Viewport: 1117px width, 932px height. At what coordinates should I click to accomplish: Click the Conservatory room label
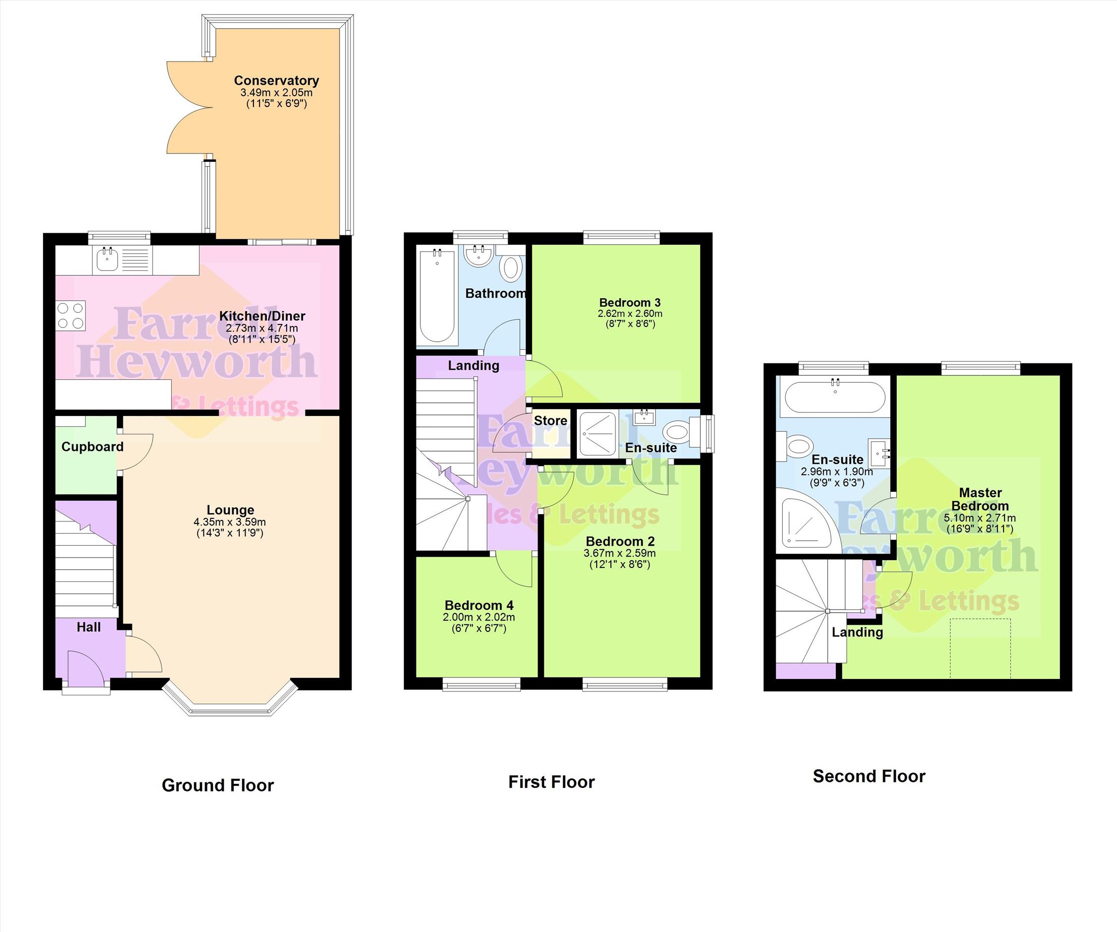276,80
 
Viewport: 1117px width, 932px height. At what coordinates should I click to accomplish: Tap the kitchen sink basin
108,260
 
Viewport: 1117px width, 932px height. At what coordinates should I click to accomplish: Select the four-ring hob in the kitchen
71,316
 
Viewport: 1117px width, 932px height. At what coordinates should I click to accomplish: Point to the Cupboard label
93,447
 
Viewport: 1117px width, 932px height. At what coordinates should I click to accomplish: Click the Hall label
88,627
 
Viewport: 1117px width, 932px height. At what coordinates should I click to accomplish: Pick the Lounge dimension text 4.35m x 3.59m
230,522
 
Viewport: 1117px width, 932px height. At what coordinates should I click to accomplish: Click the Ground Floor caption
217,785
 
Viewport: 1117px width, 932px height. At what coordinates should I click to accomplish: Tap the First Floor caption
552,782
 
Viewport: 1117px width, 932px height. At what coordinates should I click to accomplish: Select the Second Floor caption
869,776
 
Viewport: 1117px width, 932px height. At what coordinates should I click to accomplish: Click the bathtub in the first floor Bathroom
437,296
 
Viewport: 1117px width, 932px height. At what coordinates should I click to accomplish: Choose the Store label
551,421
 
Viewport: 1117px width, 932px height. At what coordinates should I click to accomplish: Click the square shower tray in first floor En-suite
597,433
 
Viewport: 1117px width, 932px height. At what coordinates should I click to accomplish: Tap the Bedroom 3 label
630,303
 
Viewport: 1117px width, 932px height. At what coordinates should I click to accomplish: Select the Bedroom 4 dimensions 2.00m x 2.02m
479,617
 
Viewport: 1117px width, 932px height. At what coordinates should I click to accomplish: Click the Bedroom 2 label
620,542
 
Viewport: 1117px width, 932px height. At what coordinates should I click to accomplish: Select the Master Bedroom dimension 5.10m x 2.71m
980,518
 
